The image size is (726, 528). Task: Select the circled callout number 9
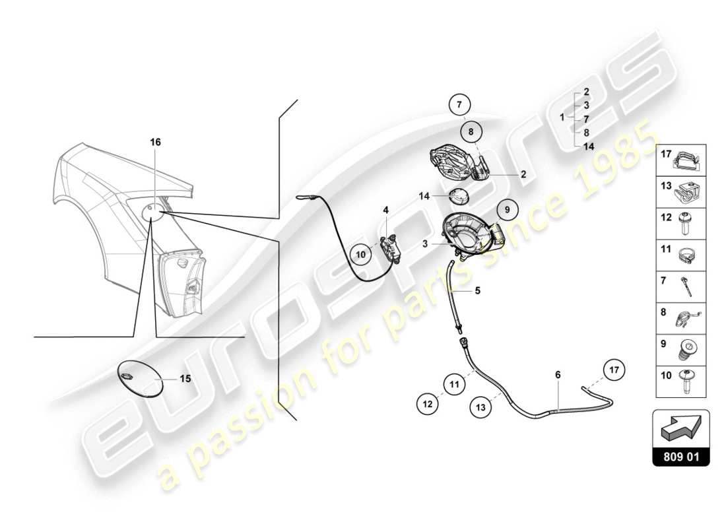[x=508, y=209]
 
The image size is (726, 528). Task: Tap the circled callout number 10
[x=361, y=253]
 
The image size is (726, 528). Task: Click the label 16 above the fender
[x=155, y=142]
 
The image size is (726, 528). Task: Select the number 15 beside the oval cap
[x=185, y=379]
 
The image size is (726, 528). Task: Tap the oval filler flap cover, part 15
[x=141, y=378]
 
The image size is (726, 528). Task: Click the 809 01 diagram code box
[x=680, y=455]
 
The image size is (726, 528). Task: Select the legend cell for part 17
[x=680, y=158]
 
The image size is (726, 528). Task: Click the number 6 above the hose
[x=558, y=374]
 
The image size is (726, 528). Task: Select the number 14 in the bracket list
[x=587, y=147]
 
